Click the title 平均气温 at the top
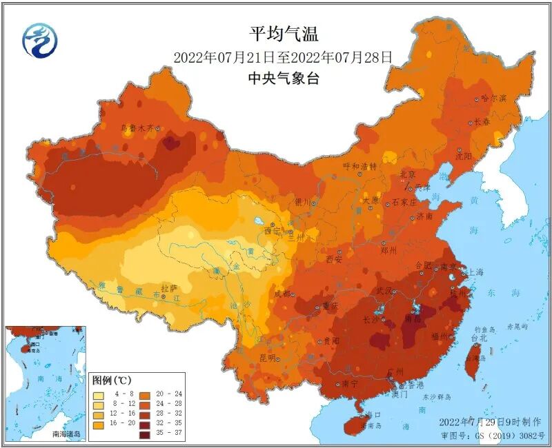click(x=283, y=33)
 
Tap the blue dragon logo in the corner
click(x=39, y=40)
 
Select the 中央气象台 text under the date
click(x=283, y=79)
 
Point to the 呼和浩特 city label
click(x=359, y=166)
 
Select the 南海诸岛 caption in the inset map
click(x=66, y=434)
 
